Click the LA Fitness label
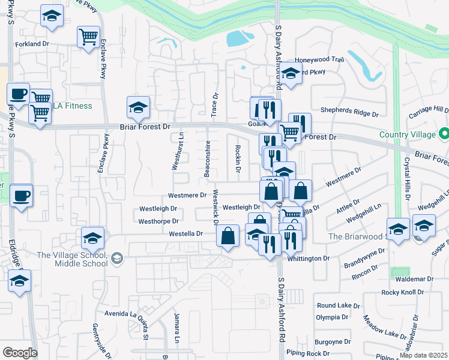point(72,106)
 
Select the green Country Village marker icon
point(444,133)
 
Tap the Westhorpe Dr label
point(158,221)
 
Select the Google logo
point(19,352)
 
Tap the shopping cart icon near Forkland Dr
point(88,37)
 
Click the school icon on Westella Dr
point(92,238)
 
